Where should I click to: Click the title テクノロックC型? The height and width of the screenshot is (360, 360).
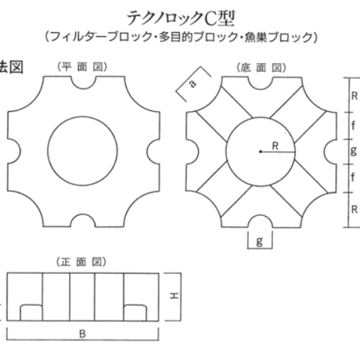pos(181,19)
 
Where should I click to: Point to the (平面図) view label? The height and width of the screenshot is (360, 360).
pos(82,67)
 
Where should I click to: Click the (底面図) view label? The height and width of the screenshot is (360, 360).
pos(261,67)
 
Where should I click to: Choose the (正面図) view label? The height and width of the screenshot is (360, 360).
pos(82,262)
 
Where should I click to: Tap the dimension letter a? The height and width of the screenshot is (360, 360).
pos(193,83)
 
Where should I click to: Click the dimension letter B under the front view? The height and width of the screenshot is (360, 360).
pos(82,334)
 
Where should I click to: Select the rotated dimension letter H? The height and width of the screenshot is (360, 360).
pos(174,296)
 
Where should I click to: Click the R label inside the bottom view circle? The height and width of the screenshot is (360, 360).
pos(275,146)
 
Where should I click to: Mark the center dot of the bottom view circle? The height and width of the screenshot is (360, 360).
pos(260,151)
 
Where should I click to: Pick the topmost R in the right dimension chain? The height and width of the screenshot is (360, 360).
pos(354,96)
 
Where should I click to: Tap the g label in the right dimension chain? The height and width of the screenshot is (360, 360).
pos(353,151)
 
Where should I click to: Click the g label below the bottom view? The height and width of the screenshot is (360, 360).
pos(260,241)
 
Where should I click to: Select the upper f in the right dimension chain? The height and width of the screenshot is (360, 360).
pos(353,125)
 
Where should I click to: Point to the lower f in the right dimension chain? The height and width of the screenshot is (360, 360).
pos(352,177)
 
